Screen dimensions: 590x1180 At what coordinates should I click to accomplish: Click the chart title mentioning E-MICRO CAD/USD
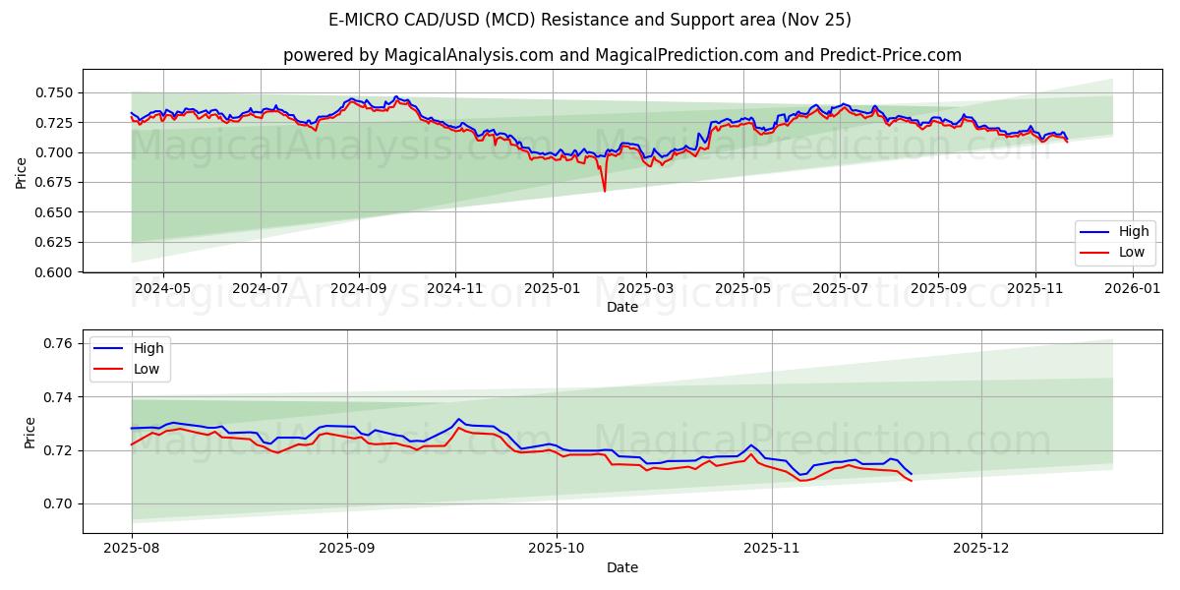(590, 20)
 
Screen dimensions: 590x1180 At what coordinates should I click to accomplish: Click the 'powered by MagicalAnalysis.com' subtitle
(621, 55)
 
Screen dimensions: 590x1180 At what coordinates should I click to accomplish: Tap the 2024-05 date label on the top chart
(162, 288)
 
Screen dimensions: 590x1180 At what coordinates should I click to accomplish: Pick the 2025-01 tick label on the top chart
(553, 288)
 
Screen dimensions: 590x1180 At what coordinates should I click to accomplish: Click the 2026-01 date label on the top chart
(1133, 288)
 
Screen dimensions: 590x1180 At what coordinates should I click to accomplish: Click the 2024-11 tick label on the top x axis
(455, 288)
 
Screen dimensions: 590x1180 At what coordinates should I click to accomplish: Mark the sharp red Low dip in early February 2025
(605, 190)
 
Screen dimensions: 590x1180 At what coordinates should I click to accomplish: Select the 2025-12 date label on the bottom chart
(981, 549)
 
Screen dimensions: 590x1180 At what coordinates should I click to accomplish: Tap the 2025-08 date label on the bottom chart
(132, 549)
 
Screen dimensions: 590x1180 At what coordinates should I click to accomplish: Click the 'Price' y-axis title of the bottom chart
(29, 432)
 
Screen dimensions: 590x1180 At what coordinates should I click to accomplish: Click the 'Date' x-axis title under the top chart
(621, 307)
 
